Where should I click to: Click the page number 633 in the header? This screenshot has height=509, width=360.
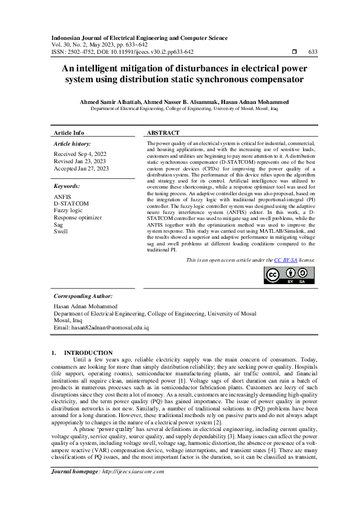(x=313, y=52)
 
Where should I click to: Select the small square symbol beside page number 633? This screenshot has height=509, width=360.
(x=294, y=52)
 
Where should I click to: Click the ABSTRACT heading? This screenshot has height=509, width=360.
(x=163, y=132)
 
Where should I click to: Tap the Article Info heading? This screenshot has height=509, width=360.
(x=70, y=132)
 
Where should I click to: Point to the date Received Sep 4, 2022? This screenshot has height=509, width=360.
(x=80, y=154)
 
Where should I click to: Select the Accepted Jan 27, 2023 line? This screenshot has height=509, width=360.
(x=82, y=169)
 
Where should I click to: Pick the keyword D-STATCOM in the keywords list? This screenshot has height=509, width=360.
(x=71, y=203)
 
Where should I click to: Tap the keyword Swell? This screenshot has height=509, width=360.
(x=61, y=231)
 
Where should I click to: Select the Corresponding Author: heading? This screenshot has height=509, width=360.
(x=83, y=296)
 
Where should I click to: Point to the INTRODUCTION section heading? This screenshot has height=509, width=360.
(x=88, y=352)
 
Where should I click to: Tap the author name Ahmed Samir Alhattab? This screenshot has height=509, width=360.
(x=112, y=102)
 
